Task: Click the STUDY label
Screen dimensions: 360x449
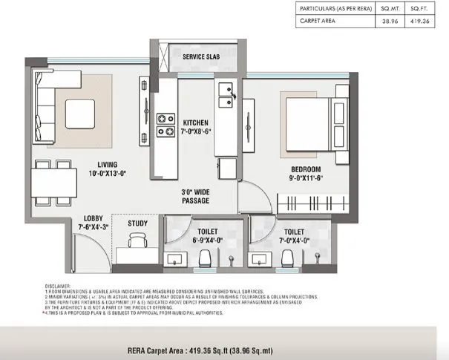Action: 137,223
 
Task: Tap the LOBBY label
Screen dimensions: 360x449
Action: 94,217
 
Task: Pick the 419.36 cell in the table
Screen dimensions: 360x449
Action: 422,22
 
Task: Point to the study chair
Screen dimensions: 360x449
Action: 136,242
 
